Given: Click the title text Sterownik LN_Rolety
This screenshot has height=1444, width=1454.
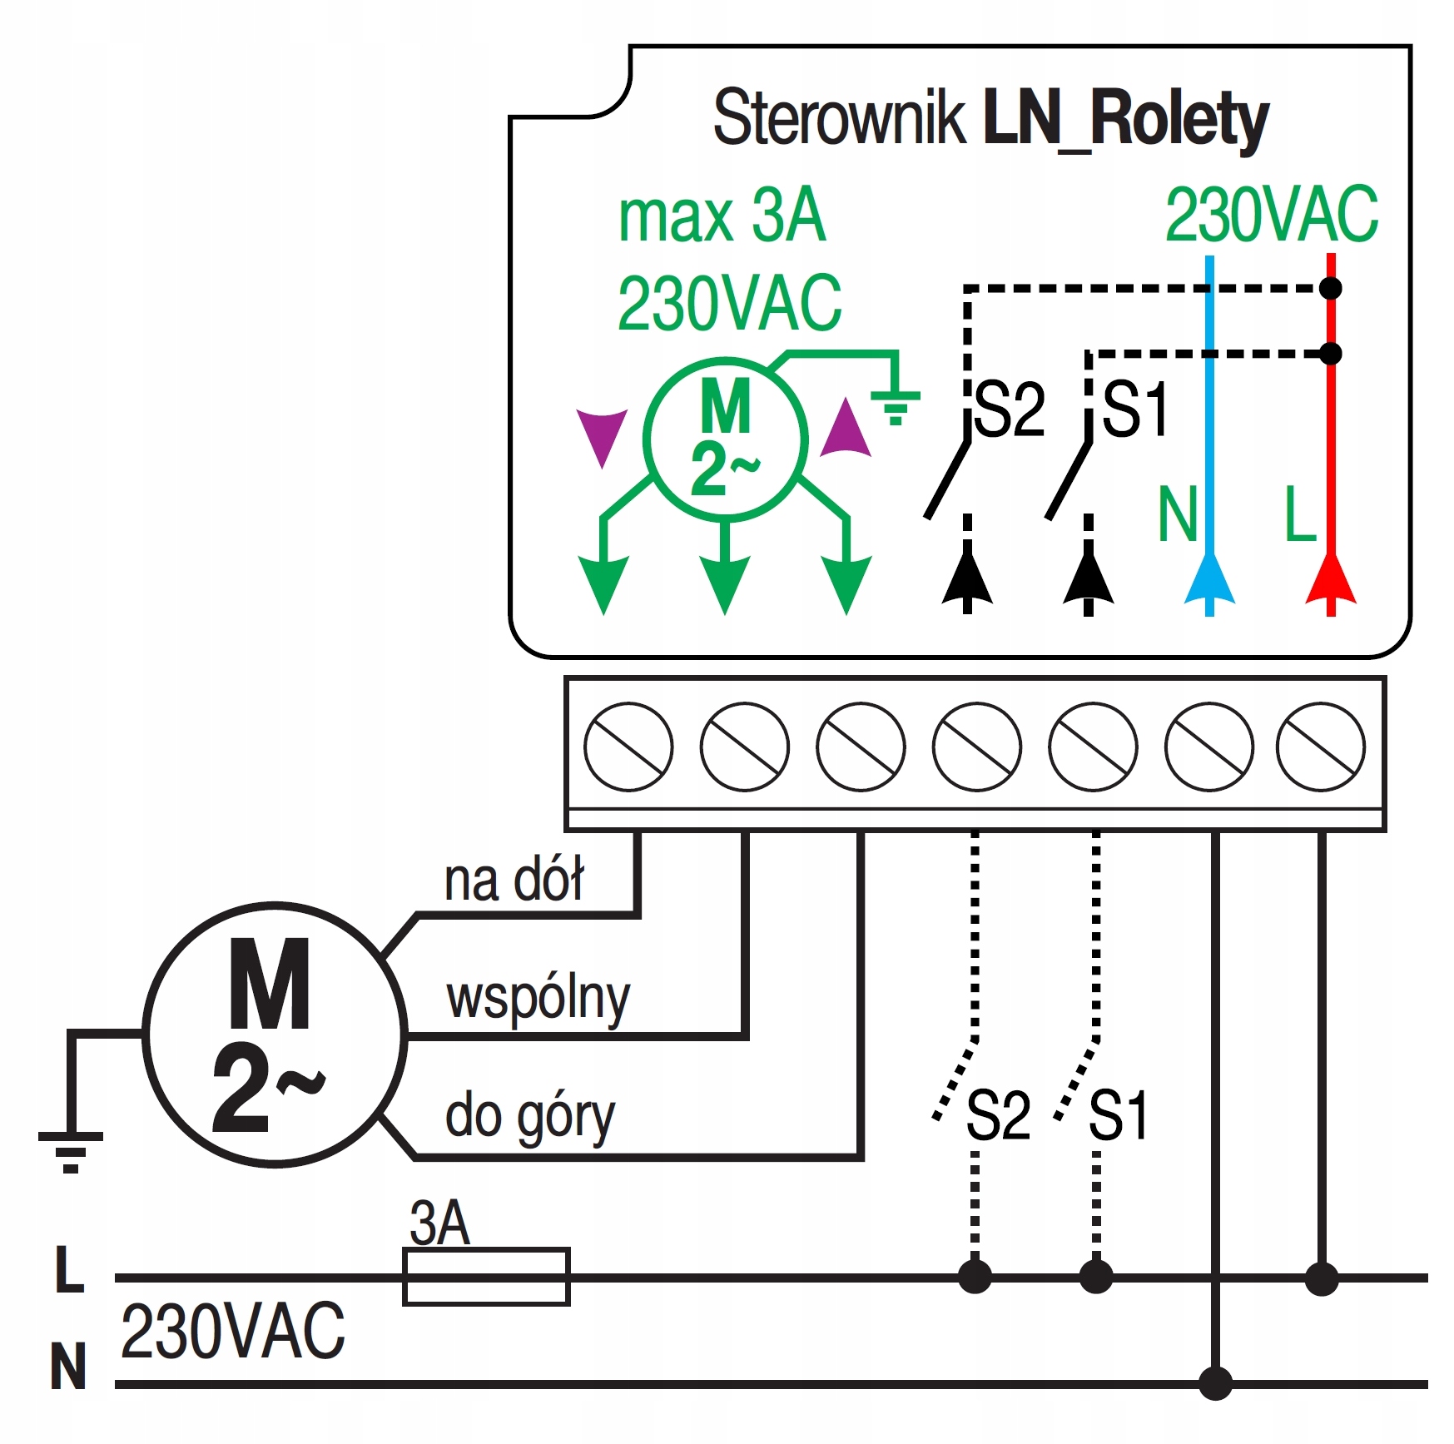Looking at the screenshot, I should [990, 119].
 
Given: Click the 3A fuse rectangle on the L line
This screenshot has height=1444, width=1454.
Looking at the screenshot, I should [486, 1276].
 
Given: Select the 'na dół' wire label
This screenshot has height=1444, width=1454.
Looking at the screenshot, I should [514, 880].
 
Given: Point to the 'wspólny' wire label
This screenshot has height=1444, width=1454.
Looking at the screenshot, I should [538, 998].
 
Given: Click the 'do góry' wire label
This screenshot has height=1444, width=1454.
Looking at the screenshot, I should [530, 1116].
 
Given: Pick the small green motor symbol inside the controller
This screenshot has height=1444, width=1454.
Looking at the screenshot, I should [725, 439].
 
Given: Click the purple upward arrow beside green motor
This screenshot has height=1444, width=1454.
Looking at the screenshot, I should [846, 429].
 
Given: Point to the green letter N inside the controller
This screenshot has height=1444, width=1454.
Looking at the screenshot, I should [1177, 515].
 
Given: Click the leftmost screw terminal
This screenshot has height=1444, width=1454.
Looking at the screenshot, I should [628, 747].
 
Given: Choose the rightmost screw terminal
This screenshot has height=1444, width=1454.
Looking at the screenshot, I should [1320, 747].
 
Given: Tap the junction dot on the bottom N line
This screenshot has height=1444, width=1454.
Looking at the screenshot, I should [1215, 1383].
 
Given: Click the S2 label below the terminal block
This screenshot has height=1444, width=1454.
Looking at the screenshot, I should [998, 1115].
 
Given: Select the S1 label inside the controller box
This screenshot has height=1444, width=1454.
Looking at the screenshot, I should [1135, 409].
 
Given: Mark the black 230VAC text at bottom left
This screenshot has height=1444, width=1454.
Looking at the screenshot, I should [232, 1332].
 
